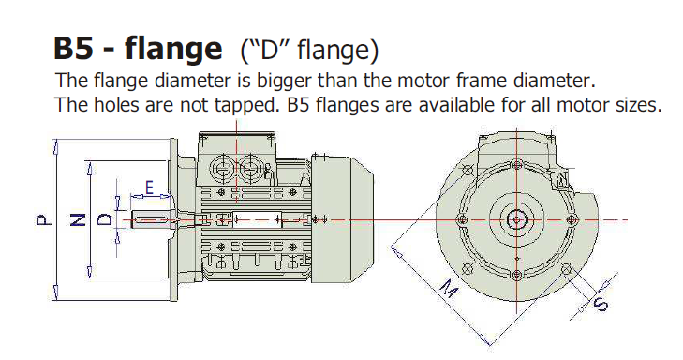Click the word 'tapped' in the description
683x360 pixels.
[241, 104]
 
